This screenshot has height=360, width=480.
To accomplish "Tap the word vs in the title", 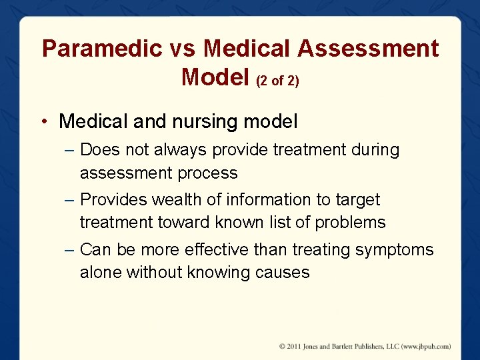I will (183, 49).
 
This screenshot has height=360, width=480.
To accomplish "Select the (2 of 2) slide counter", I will (278, 80).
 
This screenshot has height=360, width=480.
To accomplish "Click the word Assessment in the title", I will (368, 49).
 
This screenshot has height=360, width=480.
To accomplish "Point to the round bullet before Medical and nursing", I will (43, 122).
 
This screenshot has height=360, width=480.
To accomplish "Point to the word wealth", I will (175, 200).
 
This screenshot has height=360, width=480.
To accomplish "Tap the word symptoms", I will (394, 250).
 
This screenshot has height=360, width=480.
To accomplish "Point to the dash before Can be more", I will (70, 250).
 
